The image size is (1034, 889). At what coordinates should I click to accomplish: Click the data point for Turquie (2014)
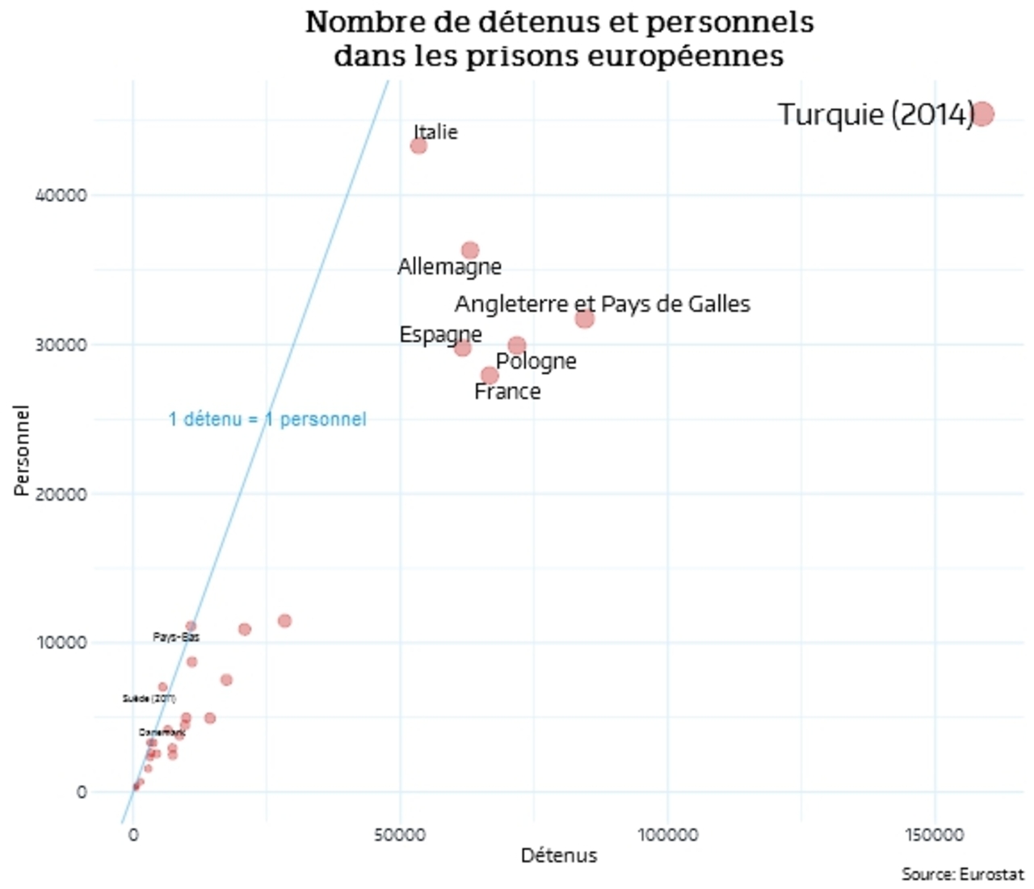(982, 115)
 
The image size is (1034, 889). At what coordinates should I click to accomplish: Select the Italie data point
(418, 146)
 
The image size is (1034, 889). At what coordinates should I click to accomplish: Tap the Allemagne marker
(470, 251)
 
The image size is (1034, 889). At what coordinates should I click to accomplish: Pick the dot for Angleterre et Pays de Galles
(585, 319)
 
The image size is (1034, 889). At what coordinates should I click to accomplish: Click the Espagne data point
(462, 348)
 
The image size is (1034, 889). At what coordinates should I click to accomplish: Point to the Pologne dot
(517, 346)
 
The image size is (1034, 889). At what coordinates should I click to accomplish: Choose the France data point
(490, 375)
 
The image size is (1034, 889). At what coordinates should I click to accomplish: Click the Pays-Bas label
(176, 637)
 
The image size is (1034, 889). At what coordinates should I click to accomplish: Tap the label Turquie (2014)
(875, 115)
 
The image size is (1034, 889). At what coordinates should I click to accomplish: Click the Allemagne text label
(449, 266)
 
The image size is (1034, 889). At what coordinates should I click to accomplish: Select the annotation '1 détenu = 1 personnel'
(267, 419)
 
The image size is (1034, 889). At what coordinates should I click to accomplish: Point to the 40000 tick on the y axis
(61, 195)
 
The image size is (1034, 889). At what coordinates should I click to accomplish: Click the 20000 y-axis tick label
(61, 494)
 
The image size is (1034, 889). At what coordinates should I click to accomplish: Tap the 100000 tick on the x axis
(667, 835)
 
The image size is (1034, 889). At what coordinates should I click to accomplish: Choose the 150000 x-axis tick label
(935, 835)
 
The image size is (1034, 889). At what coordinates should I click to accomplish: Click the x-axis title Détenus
(558, 856)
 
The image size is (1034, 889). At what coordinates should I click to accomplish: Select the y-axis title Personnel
(23, 451)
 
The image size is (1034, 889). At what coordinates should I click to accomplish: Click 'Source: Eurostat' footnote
(962, 874)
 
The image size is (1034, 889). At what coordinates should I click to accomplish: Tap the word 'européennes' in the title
(683, 56)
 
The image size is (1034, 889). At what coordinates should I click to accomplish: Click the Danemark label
(162, 732)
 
